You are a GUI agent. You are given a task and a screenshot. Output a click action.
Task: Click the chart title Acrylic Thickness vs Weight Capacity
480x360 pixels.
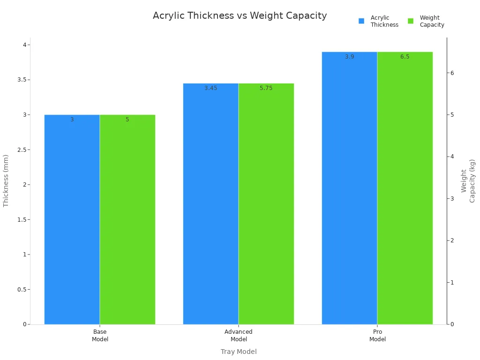(240, 15)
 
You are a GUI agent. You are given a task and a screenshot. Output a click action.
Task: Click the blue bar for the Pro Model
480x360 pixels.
(349, 188)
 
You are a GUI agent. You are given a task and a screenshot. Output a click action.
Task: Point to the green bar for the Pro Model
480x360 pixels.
(405, 188)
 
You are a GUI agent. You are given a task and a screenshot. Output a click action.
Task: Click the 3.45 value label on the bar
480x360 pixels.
(210, 88)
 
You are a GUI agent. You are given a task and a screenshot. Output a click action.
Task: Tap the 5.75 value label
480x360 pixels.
(266, 88)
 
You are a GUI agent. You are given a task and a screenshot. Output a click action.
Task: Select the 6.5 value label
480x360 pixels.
(405, 57)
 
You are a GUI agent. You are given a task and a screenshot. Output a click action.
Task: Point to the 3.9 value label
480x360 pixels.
(349, 57)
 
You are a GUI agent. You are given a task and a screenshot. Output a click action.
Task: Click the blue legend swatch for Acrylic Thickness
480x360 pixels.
(361, 21)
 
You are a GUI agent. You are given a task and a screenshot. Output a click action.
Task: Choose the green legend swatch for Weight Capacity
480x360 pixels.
(411, 21)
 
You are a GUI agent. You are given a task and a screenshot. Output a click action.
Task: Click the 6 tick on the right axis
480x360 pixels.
(453, 73)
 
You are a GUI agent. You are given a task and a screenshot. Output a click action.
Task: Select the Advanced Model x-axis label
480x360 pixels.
(239, 335)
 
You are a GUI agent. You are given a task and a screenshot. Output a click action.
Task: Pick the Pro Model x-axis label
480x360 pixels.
(377, 335)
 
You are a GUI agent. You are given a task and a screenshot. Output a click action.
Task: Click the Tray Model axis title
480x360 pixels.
(239, 352)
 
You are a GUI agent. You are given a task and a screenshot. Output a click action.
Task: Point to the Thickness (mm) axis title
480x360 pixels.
(6, 180)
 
